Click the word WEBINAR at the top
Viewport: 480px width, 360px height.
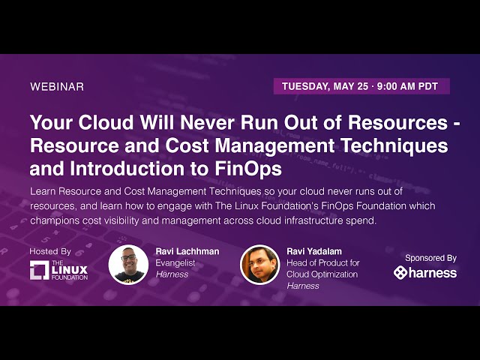click(57, 86)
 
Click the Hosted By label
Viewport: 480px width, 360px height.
click(50, 251)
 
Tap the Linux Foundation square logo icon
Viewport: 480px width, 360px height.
click(40, 270)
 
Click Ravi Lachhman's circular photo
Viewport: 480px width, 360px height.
click(128, 264)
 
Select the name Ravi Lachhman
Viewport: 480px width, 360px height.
click(187, 251)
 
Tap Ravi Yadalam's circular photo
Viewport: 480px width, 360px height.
click(259, 264)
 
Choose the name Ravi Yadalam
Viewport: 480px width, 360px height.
click(316, 251)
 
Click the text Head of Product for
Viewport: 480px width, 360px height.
click(323, 262)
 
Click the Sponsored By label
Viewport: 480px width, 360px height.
click(430, 257)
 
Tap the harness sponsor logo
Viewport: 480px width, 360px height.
click(425, 272)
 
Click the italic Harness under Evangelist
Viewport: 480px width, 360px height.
click(172, 274)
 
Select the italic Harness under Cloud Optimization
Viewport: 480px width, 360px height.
click(303, 285)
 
